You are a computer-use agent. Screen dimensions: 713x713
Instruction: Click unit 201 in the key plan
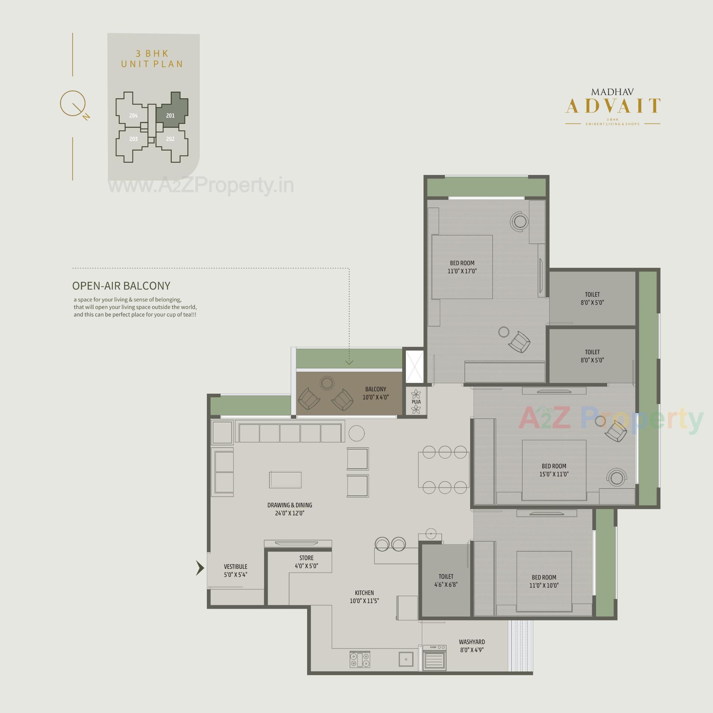[x=170, y=115]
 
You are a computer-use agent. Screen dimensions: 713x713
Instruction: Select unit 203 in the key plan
[x=133, y=139]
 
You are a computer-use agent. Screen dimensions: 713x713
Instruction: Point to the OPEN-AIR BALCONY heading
[x=121, y=286]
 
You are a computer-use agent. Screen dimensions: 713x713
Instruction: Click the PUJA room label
[x=416, y=401]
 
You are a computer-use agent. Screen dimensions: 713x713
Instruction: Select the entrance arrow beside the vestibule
[x=200, y=568]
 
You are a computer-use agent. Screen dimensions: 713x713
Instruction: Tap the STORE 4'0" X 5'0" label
[x=306, y=562]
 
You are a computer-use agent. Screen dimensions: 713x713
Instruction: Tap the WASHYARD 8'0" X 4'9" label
[x=472, y=646]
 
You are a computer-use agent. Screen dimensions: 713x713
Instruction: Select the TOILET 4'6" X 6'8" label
[x=446, y=580]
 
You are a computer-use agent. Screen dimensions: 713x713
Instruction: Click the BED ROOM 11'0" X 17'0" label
[x=462, y=267]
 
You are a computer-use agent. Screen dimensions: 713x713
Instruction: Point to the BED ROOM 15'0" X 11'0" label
[x=554, y=470]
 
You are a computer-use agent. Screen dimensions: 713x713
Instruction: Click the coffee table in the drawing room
[x=285, y=479]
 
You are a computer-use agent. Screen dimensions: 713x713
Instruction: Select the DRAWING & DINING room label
[x=290, y=509]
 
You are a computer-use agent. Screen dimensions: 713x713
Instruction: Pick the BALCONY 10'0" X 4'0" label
[x=375, y=393]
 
